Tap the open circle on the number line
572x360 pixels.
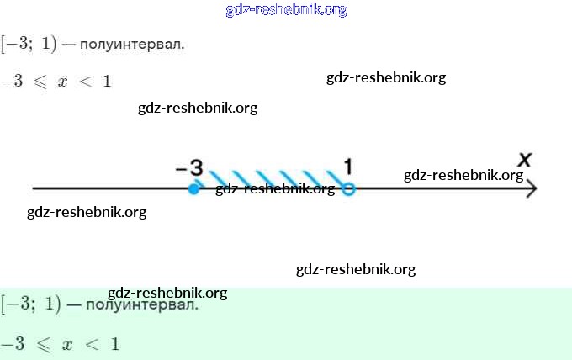pyautogui.click(x=349, y=189)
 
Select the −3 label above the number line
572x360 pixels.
pyautogui.click(x=190, y=167)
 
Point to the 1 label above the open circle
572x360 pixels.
pyautogui.click(x=348, y=166)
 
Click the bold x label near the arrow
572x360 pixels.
pyautogui.click(x=525, y=159)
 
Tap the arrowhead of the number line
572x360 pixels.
pyautogui.click(x=531, y=189)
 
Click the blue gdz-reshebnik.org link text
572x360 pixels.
pyautogui.click(x=286, y=10)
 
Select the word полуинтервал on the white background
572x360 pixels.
pyautogui.click(x=132, y=44)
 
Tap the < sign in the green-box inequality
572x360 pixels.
pyautogui.click(x=89, y=344)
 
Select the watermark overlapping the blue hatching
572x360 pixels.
pyautogui.click(x=275, y=188)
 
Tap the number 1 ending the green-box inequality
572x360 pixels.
pyautogui.click(x=114, y=344)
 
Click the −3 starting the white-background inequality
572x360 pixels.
pyautogui.click(x=11, y=82)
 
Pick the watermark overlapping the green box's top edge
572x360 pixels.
pyautogui.click(x=167, y=293)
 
